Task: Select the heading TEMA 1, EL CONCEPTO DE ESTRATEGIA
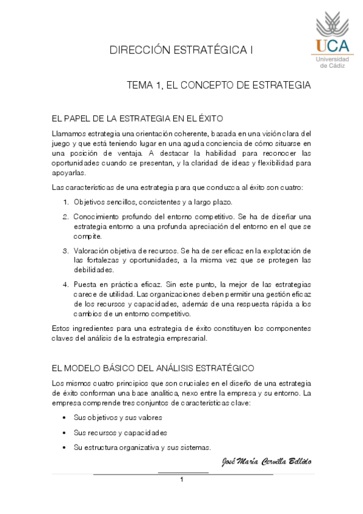coord(218,85)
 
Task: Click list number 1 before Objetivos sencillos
coord(66,201)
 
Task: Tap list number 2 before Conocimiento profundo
coord(66,216)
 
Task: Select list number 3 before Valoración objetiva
coord(66,250)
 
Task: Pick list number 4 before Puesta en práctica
coord(66,284)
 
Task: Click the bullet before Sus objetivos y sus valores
coord(64,418)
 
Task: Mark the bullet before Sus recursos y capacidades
coord(64,433)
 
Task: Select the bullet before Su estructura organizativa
coord(64,448)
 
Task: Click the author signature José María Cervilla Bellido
coord(267,462)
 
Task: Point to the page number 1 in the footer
coord(181,480)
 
